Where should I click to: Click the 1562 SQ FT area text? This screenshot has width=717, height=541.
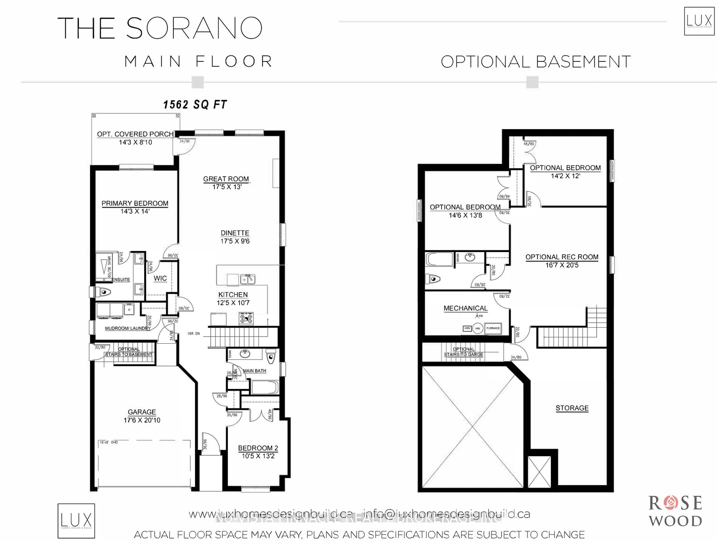click(195, 104)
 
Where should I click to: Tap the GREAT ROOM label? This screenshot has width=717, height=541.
click(226, 179)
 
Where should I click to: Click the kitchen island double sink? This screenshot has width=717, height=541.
click(247, 279)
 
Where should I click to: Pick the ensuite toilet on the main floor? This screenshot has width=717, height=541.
click(103, 292)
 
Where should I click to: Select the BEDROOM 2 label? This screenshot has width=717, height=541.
click(258, 448)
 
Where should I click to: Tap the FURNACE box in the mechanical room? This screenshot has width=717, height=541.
click(493, 328)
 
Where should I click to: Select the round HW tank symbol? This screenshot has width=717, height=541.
click(477, 328)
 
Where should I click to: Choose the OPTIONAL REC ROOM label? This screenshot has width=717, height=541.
click(562, 257)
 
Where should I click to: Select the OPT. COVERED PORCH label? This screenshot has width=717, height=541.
click(135, 134)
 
